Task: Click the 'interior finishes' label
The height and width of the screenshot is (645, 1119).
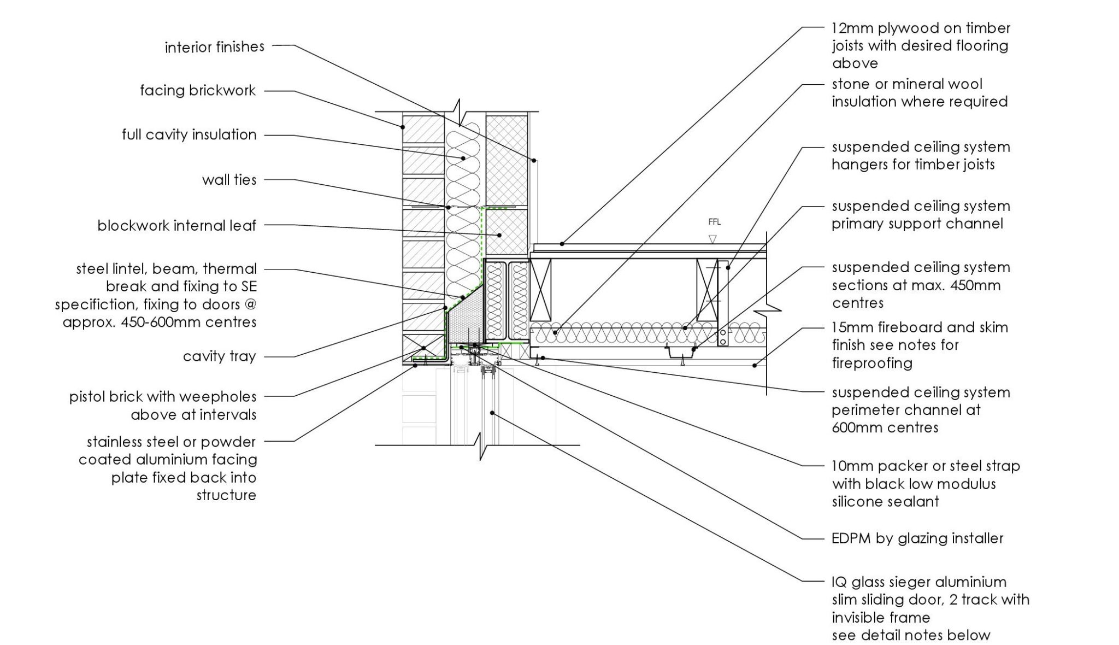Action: pos(215,47)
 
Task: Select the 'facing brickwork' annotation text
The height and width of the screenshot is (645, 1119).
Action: pos(198,90)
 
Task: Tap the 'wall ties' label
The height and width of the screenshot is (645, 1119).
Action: pos(229,179)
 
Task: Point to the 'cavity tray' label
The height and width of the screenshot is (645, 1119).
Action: pos(219,356)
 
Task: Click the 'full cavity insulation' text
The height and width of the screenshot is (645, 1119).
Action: pos(189,134)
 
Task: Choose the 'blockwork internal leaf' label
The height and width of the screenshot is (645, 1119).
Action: pos(176,225)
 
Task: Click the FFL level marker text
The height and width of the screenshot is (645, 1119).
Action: pos(714,222)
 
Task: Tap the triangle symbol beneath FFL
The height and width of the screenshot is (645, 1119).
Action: pos(712,239)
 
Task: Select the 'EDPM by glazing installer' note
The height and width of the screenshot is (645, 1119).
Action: pos(917,538)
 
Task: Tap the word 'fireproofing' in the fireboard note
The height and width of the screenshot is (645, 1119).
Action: pos(872,363)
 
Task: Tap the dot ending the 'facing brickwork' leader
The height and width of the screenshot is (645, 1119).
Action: pos(403,127)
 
